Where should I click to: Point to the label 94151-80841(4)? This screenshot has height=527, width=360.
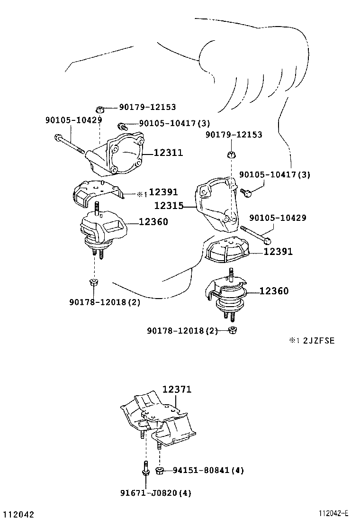pos(208,471)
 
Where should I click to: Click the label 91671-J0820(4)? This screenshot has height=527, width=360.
pos(155,493)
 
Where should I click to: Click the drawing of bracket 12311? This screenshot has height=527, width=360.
pos(118,154)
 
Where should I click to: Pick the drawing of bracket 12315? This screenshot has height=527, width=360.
pos(216,204)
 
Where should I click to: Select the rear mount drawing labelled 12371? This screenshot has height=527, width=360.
pos(159,419)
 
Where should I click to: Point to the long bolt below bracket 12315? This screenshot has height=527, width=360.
pos(256,233)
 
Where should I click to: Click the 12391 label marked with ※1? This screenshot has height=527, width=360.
pos(163,192)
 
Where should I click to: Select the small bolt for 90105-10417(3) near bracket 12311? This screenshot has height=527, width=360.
pos(122,126)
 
